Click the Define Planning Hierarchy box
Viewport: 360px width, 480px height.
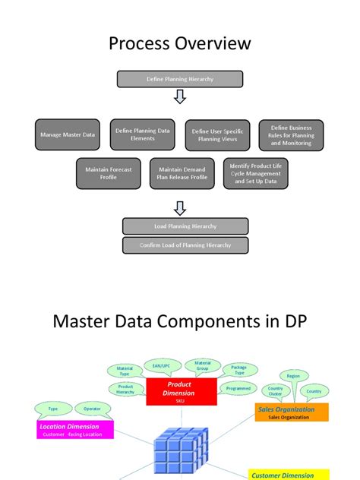180,79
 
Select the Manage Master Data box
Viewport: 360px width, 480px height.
68,134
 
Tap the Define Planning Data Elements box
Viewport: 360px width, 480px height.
142,134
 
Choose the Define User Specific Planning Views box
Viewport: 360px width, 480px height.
217,135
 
